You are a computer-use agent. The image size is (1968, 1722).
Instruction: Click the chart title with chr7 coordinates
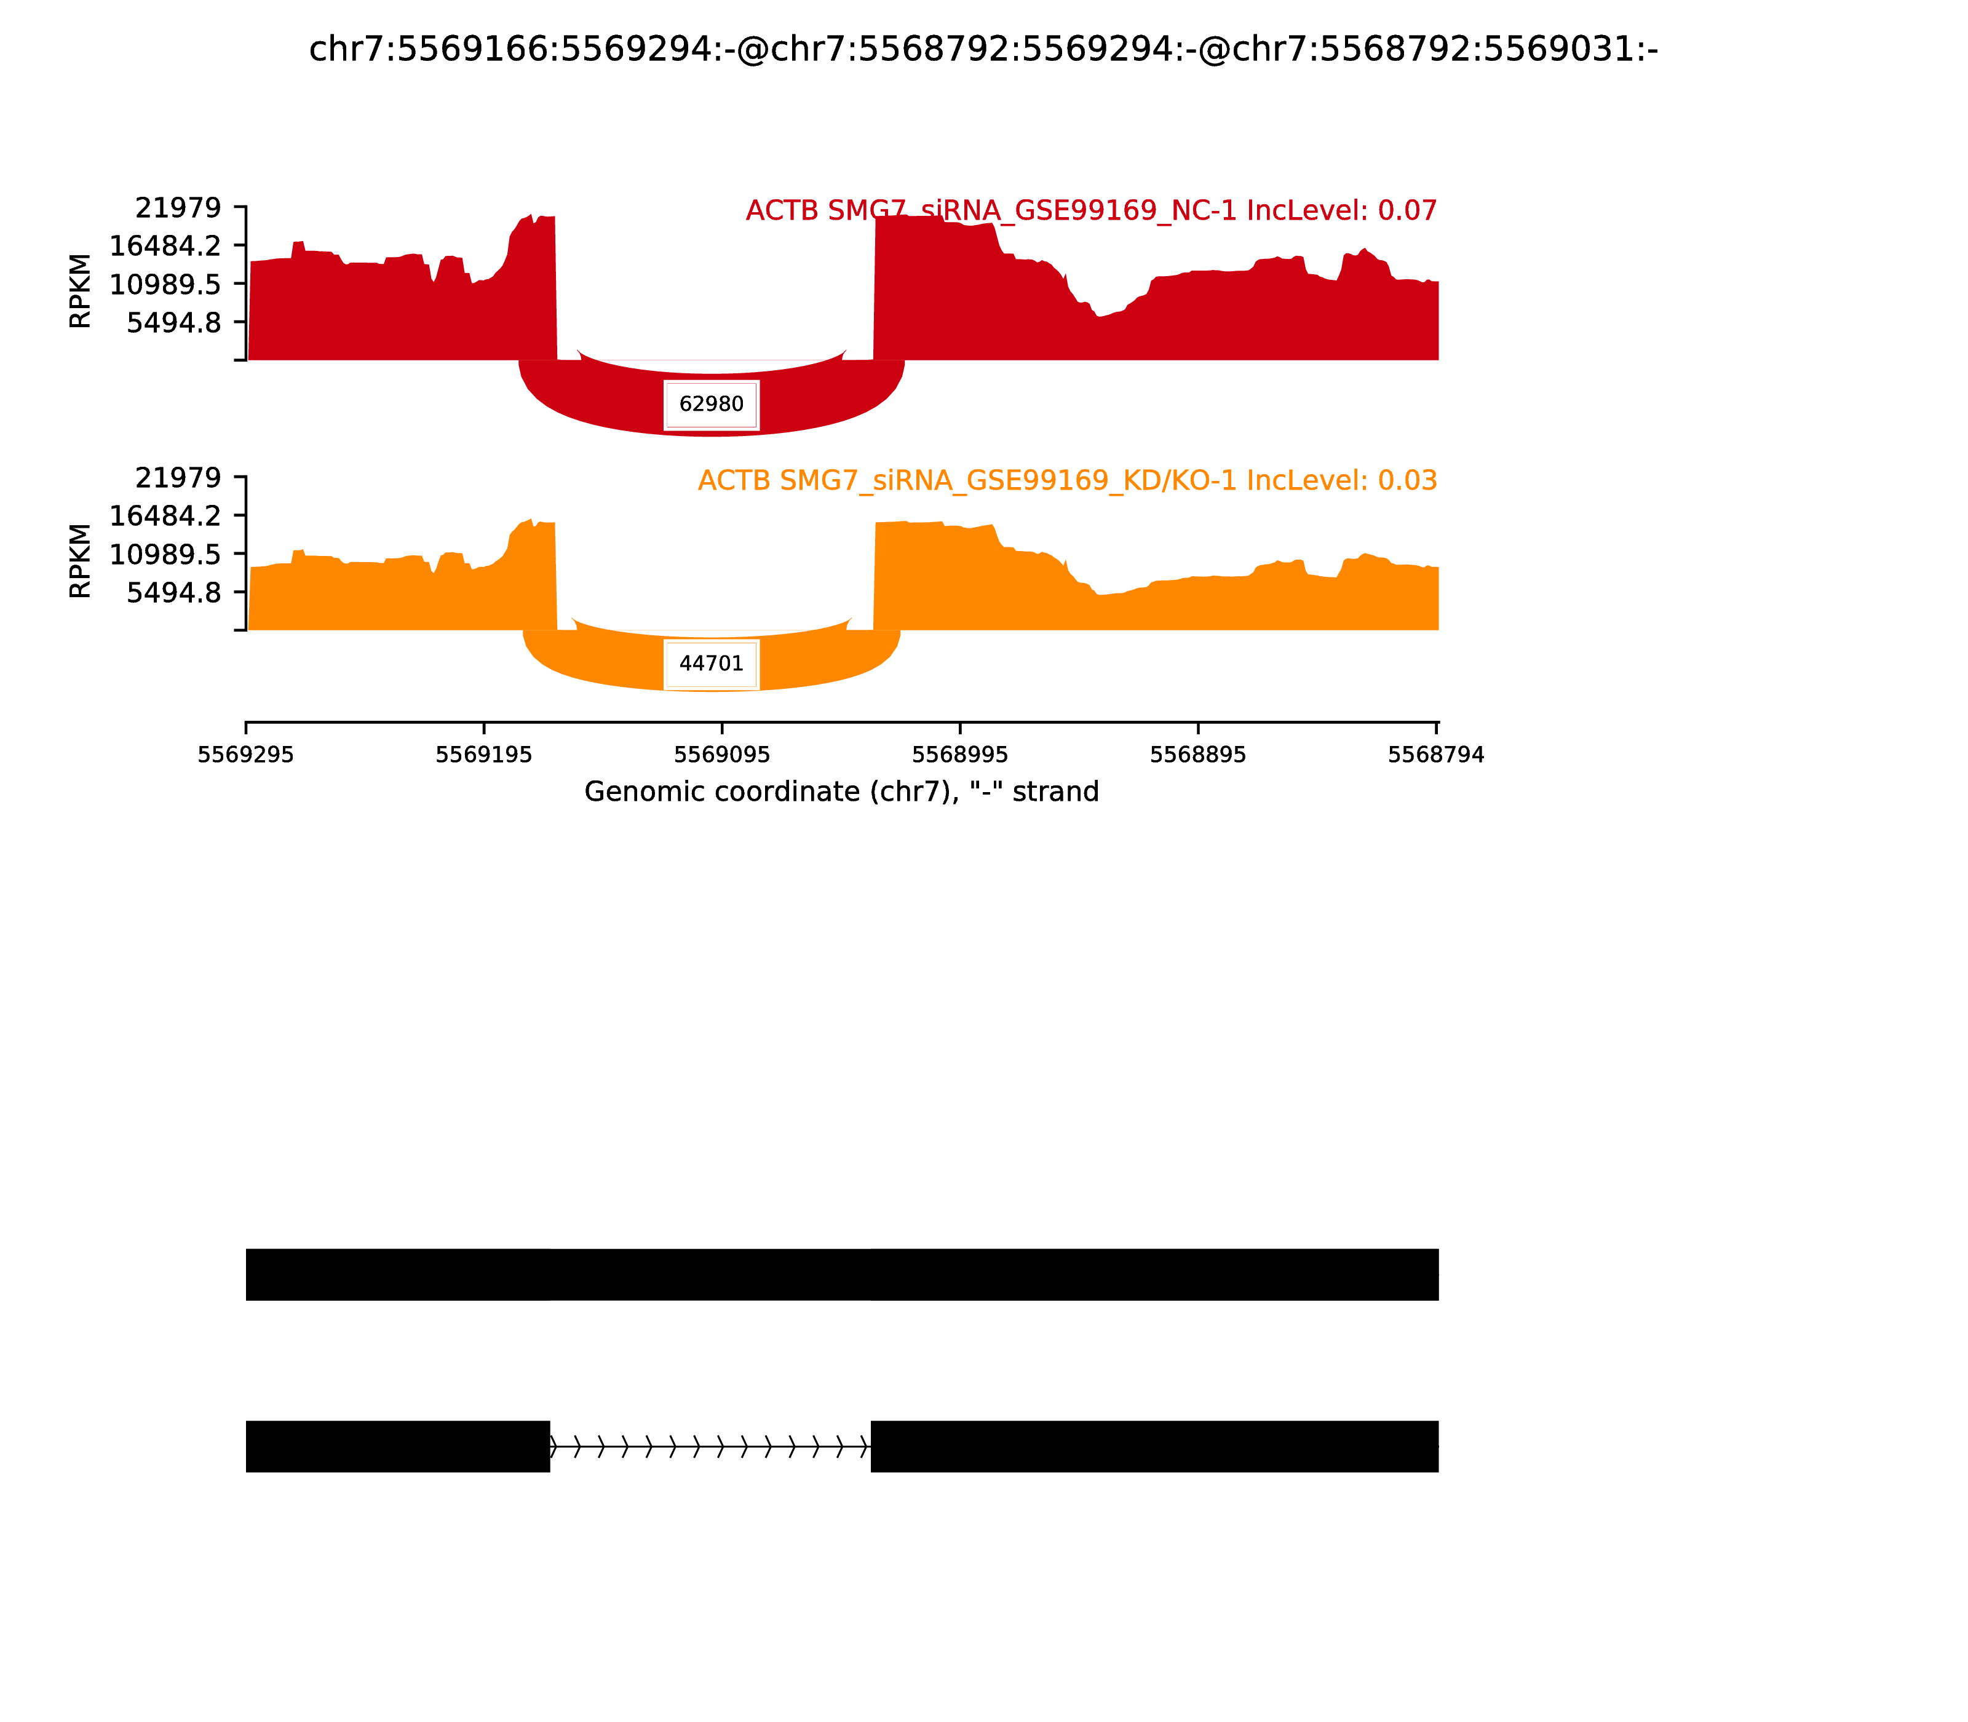click(x=983, y=50)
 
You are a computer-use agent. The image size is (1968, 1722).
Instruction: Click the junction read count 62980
click(x=711, y=405)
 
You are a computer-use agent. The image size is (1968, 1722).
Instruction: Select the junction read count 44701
click(x=711, y=664)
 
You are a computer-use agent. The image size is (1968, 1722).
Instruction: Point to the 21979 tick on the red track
click(x=178, y=208)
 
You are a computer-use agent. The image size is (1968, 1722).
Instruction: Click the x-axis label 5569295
click(x=246, y=755)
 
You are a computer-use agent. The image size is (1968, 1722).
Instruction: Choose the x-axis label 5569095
click(x=721, y=755)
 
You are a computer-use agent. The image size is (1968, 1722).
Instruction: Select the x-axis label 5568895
click(x=1197, y=755)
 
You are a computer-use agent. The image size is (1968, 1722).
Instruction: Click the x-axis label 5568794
click(x=1435, y=755)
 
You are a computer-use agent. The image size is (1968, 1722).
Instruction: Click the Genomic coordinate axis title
click(x=841, y=792)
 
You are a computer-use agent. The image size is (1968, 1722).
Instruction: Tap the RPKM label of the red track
click(x=81, y=290)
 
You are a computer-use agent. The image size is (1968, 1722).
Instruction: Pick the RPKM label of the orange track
click(x=81, y=560)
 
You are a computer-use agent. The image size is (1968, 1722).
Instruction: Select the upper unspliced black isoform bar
click(x=842, y=1274)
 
